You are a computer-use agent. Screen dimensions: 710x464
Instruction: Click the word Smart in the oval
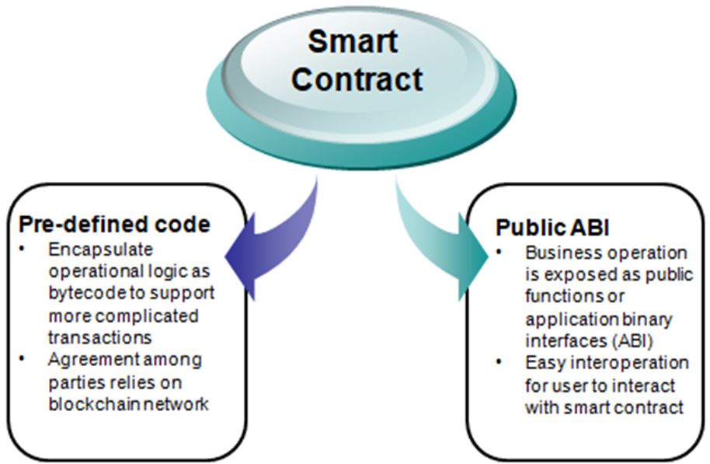(x=353, y=41)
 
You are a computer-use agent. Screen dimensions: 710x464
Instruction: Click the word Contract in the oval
(x=357, y=78)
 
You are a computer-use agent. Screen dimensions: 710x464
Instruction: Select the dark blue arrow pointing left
(x=272, y=240)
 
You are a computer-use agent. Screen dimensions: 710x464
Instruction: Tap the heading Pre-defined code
(x=114, y=225)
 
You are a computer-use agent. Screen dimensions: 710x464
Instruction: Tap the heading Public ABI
(x=552, y=227)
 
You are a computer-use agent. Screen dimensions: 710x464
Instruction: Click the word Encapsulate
(x=100, y=250)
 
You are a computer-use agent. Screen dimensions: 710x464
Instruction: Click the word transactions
(x=100, y=337)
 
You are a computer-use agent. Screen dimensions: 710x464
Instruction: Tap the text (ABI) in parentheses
(x=633, y=340)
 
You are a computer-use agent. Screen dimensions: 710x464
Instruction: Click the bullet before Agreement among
(x=23, y=359)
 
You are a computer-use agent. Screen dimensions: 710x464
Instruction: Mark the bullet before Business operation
(x=499, y=252)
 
